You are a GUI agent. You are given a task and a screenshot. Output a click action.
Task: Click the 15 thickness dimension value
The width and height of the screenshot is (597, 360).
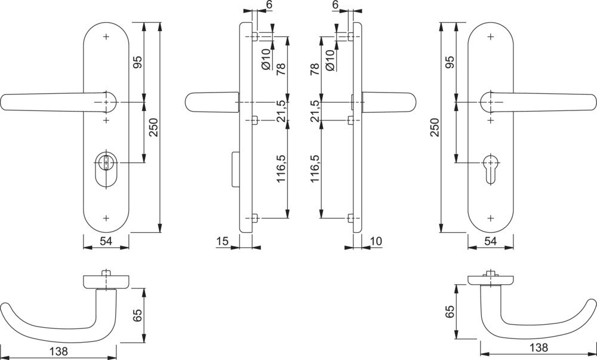pos(223,241)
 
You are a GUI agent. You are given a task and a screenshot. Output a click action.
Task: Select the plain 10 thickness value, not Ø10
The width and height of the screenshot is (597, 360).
pos(376,241)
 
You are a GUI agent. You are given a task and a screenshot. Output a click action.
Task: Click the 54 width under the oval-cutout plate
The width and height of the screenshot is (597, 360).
pos(106,241)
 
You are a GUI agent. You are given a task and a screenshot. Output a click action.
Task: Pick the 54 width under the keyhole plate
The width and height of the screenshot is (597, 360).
pos(491,241)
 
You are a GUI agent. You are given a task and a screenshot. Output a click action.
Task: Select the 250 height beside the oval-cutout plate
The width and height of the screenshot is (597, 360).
pos(153,127)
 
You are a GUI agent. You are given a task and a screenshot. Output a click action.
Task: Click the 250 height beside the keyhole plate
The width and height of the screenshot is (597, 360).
pos(434,127)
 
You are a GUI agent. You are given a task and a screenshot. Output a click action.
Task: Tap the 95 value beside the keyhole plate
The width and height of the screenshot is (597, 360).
pos(450,62)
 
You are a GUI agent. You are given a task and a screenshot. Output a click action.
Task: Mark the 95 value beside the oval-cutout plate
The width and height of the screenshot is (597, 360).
pos(137,62)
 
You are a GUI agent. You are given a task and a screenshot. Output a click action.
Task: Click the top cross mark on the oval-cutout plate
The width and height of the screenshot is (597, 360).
pos(106,37)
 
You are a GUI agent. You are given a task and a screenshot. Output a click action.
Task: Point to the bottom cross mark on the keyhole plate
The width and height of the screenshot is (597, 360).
pos(490,218)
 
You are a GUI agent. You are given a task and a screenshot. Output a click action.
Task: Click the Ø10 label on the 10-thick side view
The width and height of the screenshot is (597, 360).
pos(330,60)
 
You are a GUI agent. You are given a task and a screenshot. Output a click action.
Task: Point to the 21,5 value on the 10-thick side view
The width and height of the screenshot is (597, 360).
pos(316,111)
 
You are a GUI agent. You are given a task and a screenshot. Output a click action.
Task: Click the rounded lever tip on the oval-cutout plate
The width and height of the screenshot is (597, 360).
pos(7,102)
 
